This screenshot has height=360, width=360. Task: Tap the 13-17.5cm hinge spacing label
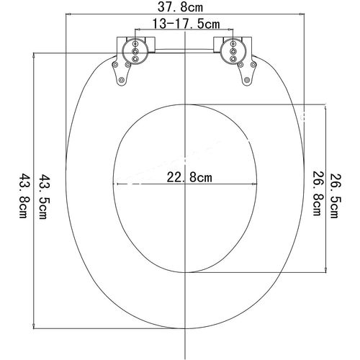[186, 24]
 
